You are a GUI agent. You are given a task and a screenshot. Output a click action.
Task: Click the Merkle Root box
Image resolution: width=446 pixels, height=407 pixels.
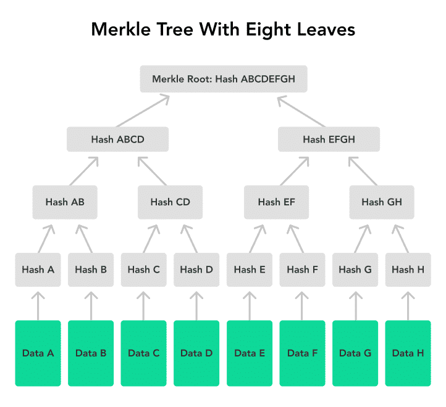[224, 79]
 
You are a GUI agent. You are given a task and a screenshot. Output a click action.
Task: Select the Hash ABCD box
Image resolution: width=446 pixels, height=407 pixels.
[118, 139]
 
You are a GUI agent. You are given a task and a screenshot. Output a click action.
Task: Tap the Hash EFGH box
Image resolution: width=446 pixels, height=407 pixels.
[329, 139]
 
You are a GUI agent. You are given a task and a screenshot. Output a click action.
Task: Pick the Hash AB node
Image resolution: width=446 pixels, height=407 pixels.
[65, 202]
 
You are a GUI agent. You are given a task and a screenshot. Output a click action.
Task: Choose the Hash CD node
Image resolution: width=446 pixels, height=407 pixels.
[170, 202]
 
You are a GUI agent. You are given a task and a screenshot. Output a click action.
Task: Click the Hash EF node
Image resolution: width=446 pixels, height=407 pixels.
[277, 202]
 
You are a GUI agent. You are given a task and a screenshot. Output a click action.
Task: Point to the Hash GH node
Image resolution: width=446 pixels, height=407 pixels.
[382, 202]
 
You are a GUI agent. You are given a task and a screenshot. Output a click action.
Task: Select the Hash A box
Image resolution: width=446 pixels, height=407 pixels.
[38, 269]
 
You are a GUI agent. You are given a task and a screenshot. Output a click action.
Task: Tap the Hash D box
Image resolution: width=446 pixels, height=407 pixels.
[196, 269]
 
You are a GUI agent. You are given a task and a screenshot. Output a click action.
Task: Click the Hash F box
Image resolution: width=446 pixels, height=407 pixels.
[302, 269]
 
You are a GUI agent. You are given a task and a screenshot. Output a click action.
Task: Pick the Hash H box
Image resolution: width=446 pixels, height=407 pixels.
[408, 269]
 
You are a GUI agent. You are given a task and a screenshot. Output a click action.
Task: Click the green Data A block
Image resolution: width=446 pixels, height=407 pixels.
[38, 353]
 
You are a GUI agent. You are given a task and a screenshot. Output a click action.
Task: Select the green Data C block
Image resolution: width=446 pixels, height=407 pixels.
[144, 353]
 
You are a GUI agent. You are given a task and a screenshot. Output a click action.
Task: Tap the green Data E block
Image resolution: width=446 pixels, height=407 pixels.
[250, 353]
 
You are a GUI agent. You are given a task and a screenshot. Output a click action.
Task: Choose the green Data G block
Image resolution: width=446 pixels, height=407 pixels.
[355, 353]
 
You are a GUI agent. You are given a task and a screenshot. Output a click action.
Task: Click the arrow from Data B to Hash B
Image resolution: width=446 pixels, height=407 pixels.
[91, 306]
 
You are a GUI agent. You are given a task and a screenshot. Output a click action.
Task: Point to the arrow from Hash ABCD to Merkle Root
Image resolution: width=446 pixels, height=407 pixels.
[143, 111]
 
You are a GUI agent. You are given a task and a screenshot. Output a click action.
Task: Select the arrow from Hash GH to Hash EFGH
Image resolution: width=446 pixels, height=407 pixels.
[363, 171]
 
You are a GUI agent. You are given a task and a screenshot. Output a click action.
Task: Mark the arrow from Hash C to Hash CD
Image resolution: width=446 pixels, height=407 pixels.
[151, 239]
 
